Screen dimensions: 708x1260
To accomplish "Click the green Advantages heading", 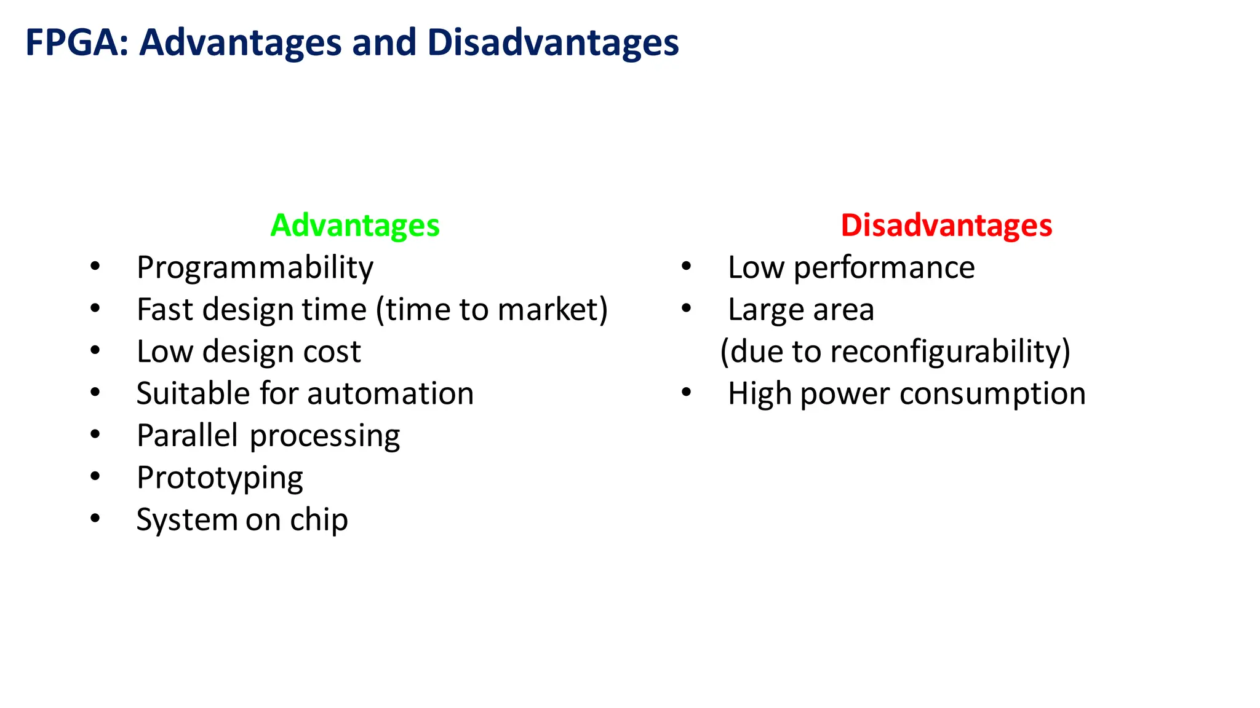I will point(355,225).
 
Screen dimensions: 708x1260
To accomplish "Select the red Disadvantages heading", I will point(946,225).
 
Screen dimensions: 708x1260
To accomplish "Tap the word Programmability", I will point(255,268).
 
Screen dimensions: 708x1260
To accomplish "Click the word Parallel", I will point(187,435).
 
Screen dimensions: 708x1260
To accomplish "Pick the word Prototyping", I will point(220,478).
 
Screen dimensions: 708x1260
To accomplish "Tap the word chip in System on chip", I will point(319,520).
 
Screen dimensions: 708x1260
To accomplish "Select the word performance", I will point(884,268).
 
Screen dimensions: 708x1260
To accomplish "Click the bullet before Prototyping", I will point(95,476).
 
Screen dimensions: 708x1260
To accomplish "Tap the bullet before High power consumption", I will point(687,392).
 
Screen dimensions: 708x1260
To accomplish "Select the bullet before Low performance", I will point(687,266).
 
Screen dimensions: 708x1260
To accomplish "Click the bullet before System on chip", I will point(95,518).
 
